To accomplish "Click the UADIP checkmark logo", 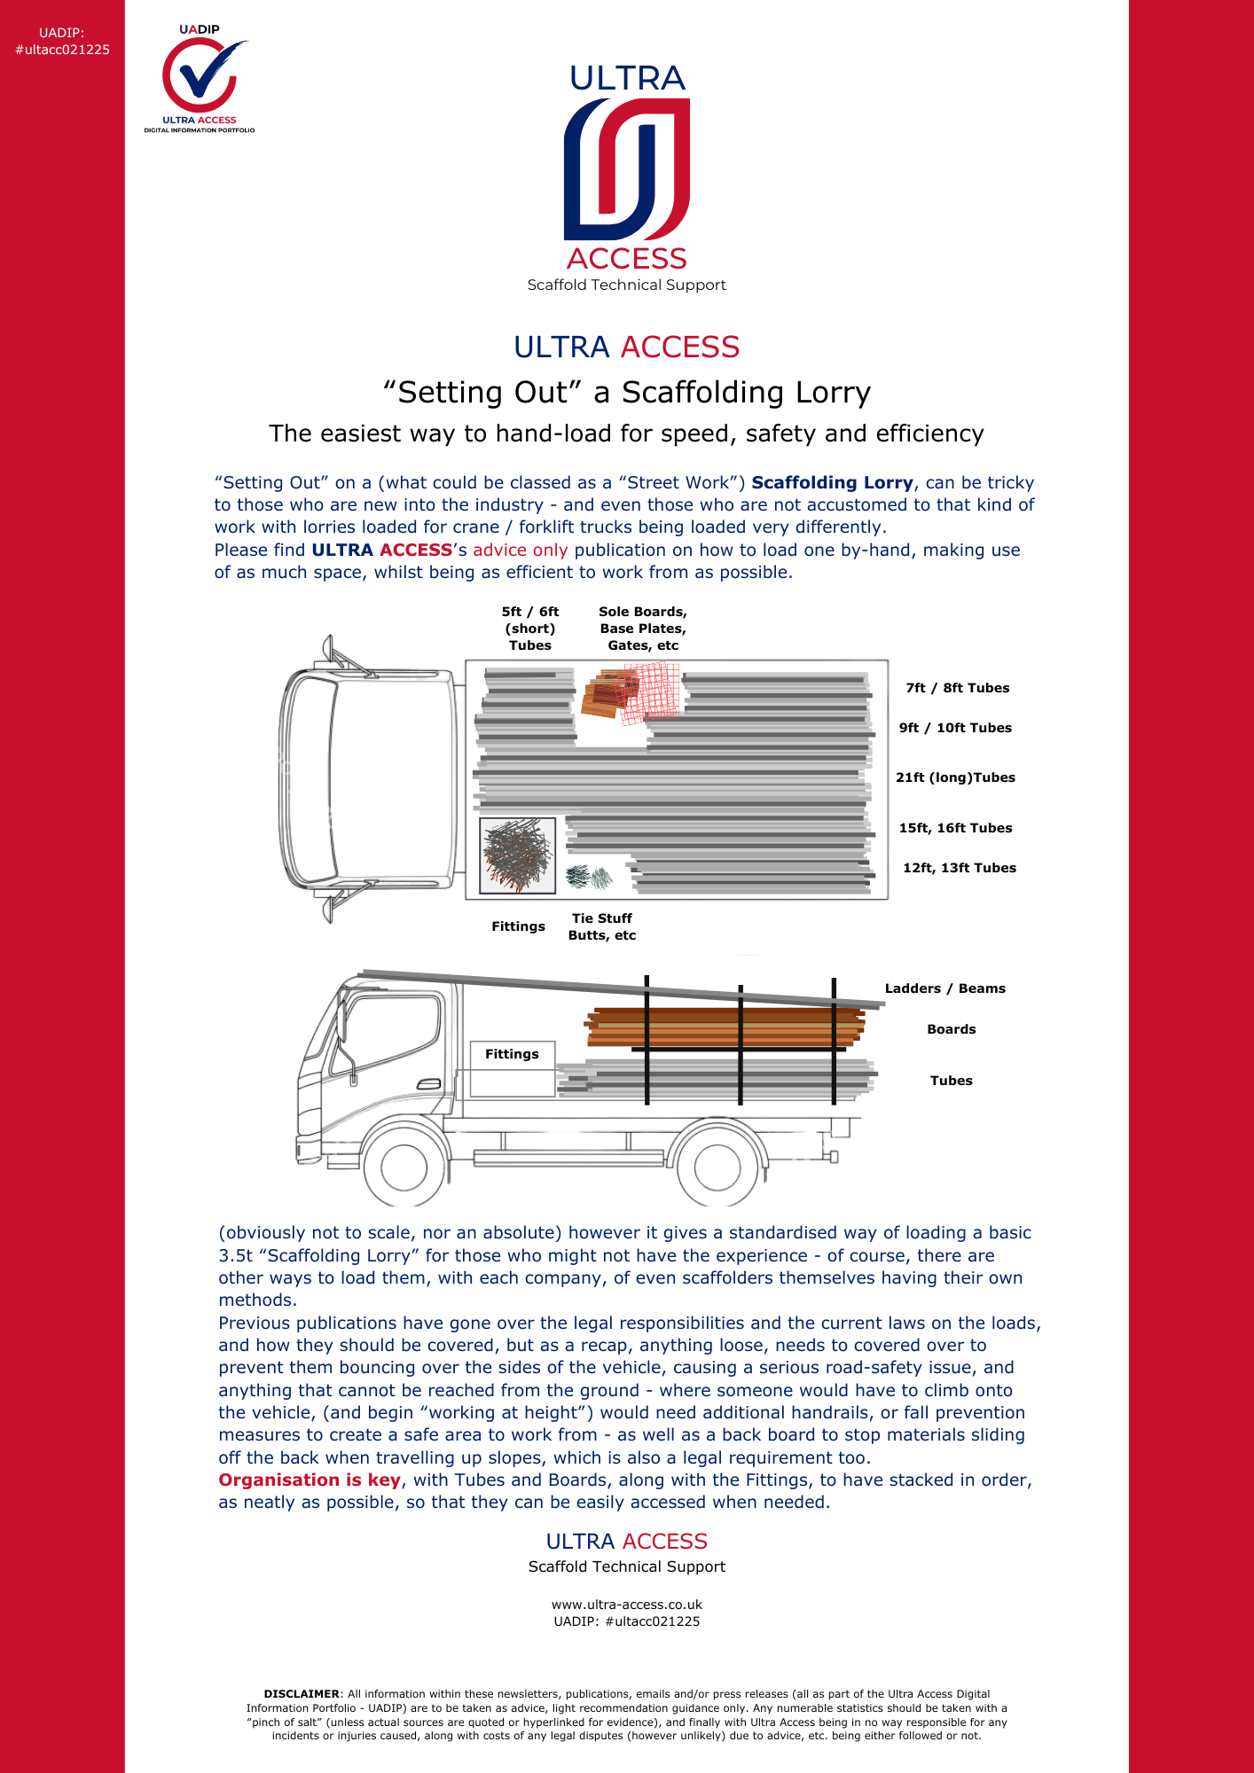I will pyautogui.click(x=200, y=78).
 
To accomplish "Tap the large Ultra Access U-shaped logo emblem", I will pyautogui.click(x=626, y=168).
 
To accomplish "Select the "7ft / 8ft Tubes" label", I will pyautogui.click(x=957, y=688).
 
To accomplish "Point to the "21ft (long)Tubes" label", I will pyautogui.click(x=955, y=777).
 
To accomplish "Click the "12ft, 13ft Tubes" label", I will pyautogui.click(x=959, y=868).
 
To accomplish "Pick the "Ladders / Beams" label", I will pyautogui.click(x=944, y=988).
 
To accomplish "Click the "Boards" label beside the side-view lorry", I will pyautogui.click(x=951, y=1029).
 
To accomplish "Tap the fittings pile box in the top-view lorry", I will pyautogui.click(x=517, y=855).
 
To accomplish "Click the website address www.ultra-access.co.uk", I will pyautogui.click(x=626, y=1605).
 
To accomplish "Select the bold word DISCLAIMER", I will pyautogui.click(x=302, y=1694).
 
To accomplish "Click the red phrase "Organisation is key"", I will pyautogui.click(x=310, y=1480).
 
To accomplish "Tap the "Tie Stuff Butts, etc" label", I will pyautogui.click(x=601, y=926).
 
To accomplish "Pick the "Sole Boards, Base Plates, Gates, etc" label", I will pyautogui.click(x=642, y=629).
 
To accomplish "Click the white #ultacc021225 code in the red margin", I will pyautogui.click(x=62, y=50).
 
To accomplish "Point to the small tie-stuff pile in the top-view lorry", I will pyautogui.click(x=589, y=878).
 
